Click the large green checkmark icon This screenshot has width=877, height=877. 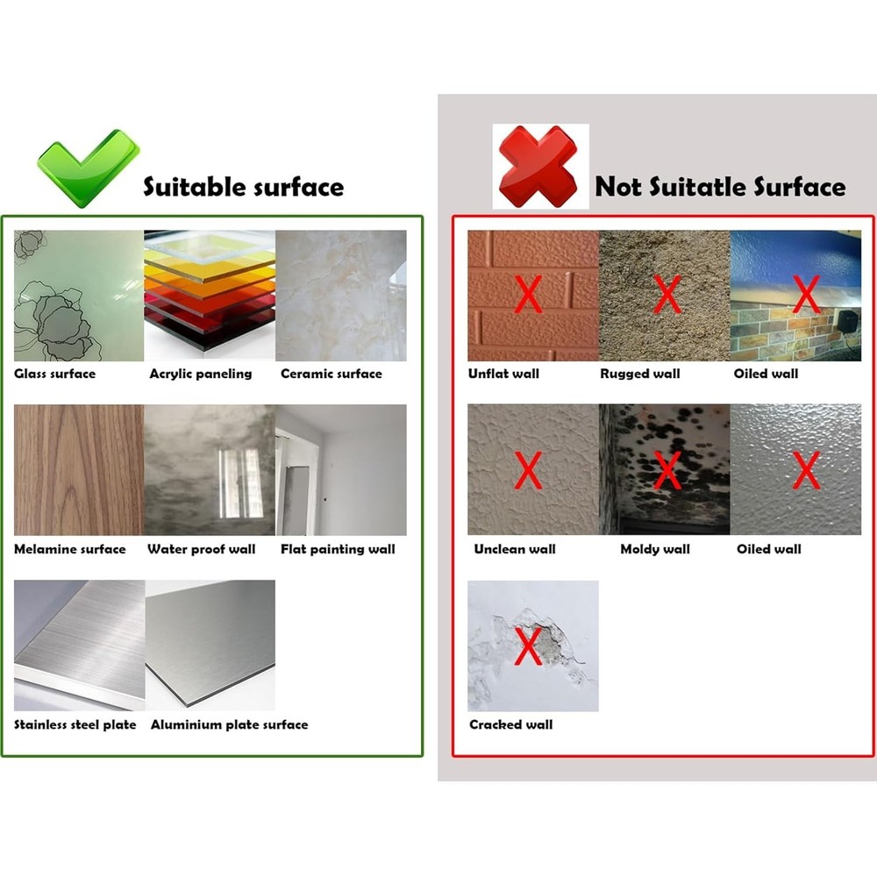(88, 167)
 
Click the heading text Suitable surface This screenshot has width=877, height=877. (243, 187)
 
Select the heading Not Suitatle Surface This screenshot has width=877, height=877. (720, 187)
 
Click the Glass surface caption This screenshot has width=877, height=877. (54, 374)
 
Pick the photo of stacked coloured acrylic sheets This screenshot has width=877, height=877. (210, 296)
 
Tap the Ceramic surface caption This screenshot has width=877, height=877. (331, 374)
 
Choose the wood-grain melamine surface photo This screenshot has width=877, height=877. (79, 470)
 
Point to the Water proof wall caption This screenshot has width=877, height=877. (201, 549)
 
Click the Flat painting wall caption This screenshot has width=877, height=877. (338, 549)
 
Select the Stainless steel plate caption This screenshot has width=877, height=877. (75, 724)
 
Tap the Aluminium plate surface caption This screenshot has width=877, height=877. (229, 724)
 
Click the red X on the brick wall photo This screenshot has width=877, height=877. (527, 295)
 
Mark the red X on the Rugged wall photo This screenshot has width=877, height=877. (667, 295)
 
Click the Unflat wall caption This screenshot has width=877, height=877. (503, 374)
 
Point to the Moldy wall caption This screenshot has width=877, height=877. (655, 549)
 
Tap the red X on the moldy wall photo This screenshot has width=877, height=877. (667, 471)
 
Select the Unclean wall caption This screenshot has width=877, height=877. (515, 549)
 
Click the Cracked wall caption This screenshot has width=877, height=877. (510, 724)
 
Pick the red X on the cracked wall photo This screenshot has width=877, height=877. (527, 646)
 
